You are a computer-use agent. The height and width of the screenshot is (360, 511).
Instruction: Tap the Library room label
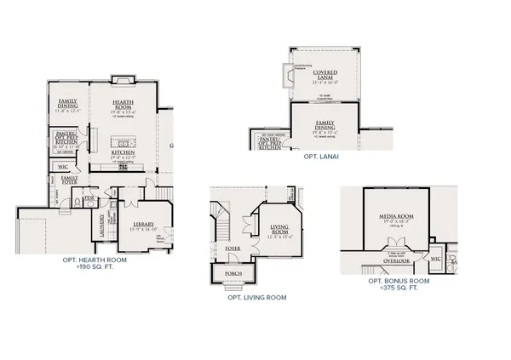(x=129, y=201)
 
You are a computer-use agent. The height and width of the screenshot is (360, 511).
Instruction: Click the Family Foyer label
(x=69, y=179)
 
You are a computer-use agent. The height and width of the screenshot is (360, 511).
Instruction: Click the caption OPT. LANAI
(x=323, y=158)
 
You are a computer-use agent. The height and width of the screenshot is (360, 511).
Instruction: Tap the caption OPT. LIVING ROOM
(x=256, y=298)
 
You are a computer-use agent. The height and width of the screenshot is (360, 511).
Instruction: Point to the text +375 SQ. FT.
(x=398, y=288)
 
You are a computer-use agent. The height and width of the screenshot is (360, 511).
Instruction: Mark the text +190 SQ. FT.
(x=95, y=266)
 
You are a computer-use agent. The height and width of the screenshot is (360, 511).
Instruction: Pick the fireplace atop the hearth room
(x=121, y=79)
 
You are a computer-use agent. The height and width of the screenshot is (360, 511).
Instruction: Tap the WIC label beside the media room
(x=435, y=256)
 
